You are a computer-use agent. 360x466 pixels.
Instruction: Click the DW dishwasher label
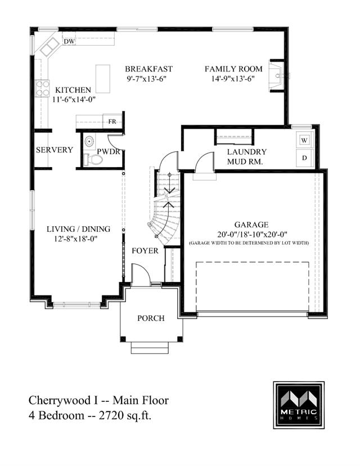(69, 42)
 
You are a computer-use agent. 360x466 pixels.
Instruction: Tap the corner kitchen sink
(49, 47)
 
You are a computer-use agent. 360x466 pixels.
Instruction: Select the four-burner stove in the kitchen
(42, 88)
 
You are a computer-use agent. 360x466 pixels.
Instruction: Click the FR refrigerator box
(112, 122)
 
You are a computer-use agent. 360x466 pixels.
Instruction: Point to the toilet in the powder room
(93, 160)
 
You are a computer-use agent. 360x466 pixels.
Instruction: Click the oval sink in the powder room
(89, 141)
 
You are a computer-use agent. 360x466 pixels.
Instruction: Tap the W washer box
(304, 140)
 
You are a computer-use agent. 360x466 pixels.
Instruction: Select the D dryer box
(304, 158)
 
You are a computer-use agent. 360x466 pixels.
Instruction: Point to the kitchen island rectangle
(103, 79)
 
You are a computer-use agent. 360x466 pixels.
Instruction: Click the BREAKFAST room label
(148, 69)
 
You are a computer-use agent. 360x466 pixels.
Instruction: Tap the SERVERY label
(55, 150)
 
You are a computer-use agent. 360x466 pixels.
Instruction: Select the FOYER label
(145, 251)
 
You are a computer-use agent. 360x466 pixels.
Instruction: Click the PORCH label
(151, 319)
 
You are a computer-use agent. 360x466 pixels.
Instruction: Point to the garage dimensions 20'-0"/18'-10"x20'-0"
(252, 235)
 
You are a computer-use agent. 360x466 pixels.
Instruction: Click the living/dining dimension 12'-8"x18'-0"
(76, 239)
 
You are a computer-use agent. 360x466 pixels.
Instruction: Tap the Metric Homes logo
(299, 405)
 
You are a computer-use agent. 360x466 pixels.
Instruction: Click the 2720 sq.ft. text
(125, 415)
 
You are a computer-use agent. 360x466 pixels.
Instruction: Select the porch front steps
(150, 348)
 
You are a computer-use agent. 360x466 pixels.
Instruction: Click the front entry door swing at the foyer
(141, 275)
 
